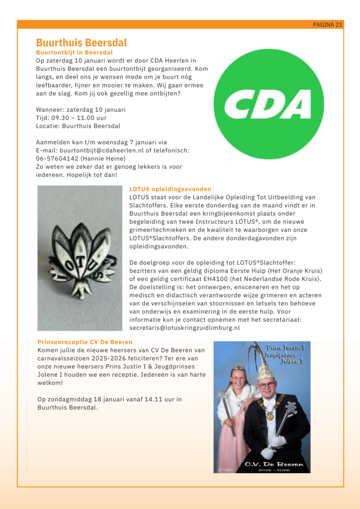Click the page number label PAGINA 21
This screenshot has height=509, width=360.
click(327, 24)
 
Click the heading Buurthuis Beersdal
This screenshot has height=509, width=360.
click(81, 43)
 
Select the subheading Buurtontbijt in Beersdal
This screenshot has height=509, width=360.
click(74, 52)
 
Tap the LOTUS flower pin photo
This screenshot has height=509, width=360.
click(80, 258)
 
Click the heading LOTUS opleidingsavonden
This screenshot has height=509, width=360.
click(170, 189)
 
